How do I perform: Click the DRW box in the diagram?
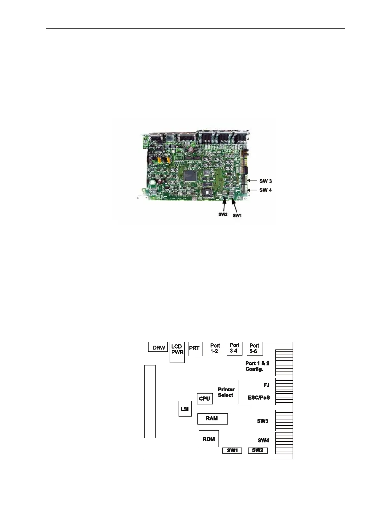point(158,347)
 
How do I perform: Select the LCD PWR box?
point(177,352)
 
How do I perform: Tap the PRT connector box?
point(195,349)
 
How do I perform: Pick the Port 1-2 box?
point(214,349)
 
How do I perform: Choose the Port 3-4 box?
point(234,348)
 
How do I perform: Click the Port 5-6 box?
point(254,349)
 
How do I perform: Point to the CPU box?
point(204,399)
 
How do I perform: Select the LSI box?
point(185,409)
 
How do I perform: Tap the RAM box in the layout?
point(212,418)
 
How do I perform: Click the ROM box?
point(209,439)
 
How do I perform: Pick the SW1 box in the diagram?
point(232,450)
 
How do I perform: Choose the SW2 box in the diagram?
point(258,450)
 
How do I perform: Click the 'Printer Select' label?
point(226,392)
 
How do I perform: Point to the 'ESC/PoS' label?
point(259,398)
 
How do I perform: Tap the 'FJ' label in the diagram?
point(266,385)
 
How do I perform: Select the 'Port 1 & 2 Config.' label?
point(257,366)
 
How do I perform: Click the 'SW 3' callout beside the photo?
point(265,181)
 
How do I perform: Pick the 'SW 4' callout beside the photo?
point(265,190)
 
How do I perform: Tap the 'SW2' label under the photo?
point(223,214)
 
